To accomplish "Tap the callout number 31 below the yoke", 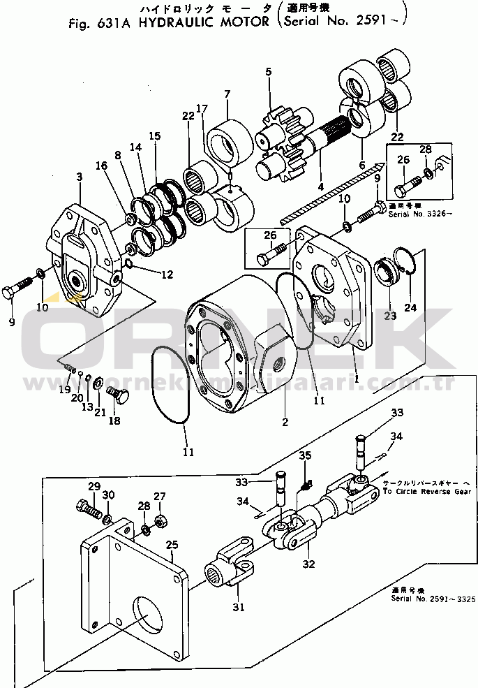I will pos(239,607).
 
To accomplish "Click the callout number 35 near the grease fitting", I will pos(304,457).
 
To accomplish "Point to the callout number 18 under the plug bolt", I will pos(114,421).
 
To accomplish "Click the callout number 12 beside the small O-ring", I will pos(167,275).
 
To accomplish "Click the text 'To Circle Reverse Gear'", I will pos(426,491).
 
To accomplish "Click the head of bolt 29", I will pos(78,503).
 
